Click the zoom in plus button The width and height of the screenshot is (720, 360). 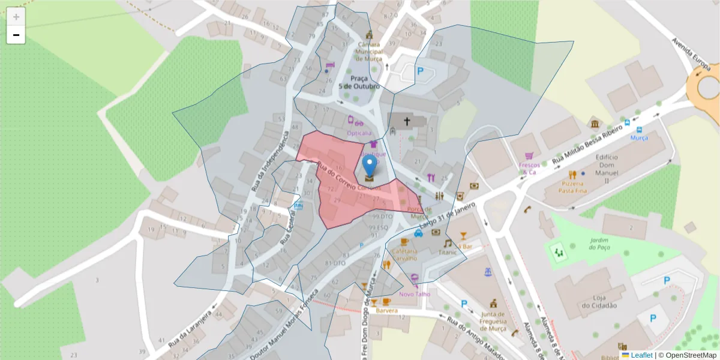pos(16,17)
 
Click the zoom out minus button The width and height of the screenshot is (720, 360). pos(16,35)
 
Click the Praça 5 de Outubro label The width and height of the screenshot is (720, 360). pos(359,82)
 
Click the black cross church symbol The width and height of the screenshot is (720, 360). pos(407,122)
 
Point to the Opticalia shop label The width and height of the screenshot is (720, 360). pos(359,133)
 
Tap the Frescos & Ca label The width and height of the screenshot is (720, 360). pos(528,168)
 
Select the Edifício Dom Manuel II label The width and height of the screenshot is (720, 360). pos(607,169)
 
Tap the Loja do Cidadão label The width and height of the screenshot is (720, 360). pos(596,301)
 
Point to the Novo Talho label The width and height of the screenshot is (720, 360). pos(415,293)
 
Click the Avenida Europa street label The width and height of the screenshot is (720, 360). pos(691,53)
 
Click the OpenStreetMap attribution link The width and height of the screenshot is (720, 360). pos(687,355)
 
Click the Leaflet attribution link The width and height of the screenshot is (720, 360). pos(641,355)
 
